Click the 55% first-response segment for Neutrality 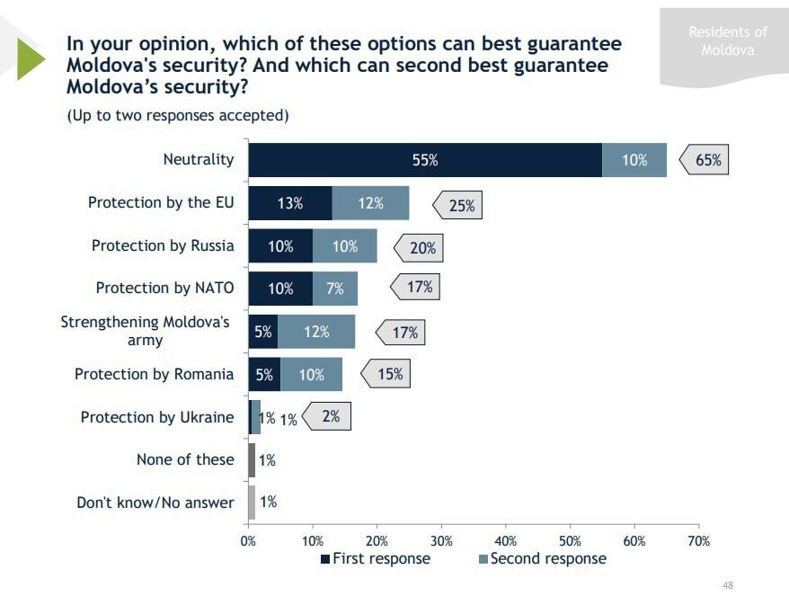click(424, 160)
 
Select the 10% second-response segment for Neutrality click(634, 160)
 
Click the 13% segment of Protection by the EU click(289, 203)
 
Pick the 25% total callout click(460, 205)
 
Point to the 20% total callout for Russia click(421, 247)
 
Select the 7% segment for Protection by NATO click(335, 289)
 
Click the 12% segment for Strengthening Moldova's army click(316, 332)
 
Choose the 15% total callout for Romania click(389, 373)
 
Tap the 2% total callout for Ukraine click(330, 416)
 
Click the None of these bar click(252, 459)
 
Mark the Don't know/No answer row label click(155, 503)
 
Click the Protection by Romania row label click(154, 374)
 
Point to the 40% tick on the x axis click(505, 540)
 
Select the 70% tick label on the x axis click(698, 540)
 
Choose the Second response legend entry click(542, 558)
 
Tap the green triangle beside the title click(30, 57)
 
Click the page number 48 click(728, 585)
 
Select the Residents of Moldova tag click(727, 40)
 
